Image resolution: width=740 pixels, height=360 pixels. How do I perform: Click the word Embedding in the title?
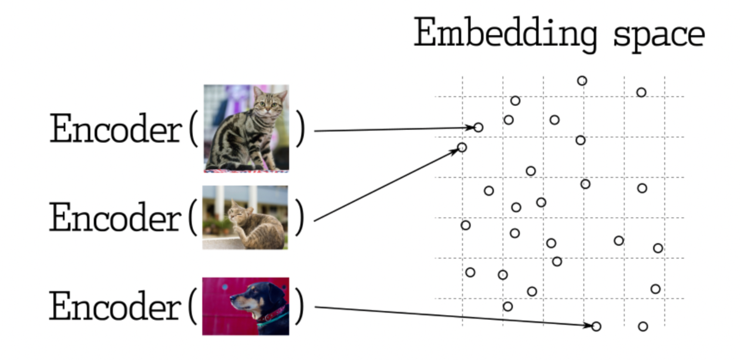pyautogui.click(x=505, y=35)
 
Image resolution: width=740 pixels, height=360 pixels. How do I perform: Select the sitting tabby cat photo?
pyautogui.click(x=246, y=128)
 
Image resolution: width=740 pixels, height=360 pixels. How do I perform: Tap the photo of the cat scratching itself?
pyautogui.click(x=245, y=217)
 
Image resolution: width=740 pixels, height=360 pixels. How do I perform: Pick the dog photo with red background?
pyautogui.click(x=245, y=306)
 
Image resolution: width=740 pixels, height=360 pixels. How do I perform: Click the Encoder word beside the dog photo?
pyautogui.click(x=115, y=306)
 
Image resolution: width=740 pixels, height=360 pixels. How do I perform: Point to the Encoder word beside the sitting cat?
pyautogui.click(x=115, y=130)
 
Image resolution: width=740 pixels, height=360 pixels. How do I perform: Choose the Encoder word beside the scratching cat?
pyautogui.click(x=115, y=218)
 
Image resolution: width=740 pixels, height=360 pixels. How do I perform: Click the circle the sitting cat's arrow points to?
pyautogui.click(x=478, y=128)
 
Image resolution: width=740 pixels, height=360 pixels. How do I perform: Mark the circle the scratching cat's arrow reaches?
pyautogui.click(x=462, y=147)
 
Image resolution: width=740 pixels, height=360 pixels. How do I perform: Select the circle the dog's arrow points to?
pyautogui.click(x=596, y=326)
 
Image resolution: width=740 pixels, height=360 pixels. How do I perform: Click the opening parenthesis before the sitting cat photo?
pyautogui.click(x=193, y=130)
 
